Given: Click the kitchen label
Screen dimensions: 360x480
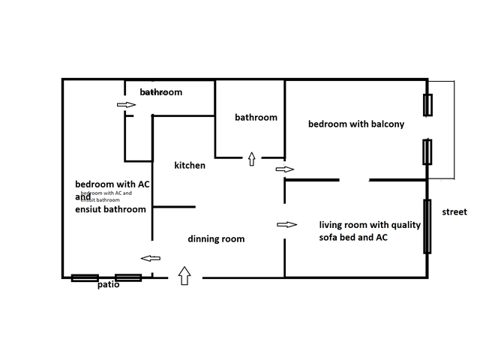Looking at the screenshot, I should tap(190, 165).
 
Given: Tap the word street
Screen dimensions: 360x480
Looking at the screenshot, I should tap(454, 212).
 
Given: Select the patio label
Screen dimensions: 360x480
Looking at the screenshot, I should tap(108, 285).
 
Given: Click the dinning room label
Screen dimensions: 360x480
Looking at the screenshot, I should tap(216, 239).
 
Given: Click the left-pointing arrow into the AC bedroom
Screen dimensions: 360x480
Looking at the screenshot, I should tap(151, 259).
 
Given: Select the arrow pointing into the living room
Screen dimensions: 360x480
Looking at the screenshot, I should tap(287, 224).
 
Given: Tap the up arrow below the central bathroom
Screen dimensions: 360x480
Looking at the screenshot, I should tap(250, 159).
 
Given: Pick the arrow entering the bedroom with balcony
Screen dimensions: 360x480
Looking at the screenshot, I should tap(285, 169).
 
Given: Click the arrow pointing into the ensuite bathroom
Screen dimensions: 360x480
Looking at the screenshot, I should tap(126, 105).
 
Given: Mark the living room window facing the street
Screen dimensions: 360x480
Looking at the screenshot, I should tap(427, 226).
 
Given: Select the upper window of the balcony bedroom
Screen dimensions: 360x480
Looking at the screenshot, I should tap(427, 105).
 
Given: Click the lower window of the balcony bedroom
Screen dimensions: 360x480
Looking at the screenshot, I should tap(427, 151).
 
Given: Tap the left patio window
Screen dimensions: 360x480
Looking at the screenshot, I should tap(85, 278).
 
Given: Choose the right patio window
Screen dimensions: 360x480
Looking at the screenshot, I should tap(128, 277).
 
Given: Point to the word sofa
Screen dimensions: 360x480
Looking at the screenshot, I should tap(331, 237).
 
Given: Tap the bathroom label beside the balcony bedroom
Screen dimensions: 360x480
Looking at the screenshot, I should tap(256, 117).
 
